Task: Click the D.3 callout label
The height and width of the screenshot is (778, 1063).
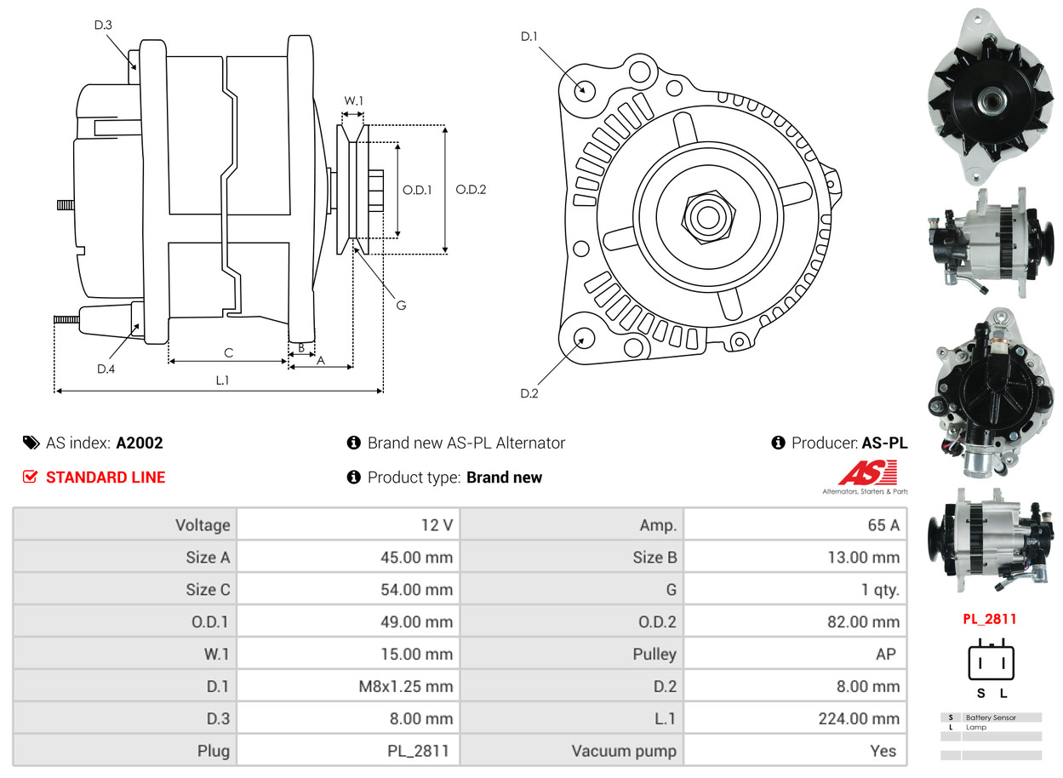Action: [x=103, y=25]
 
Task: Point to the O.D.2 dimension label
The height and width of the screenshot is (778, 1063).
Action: [x=471, y=190]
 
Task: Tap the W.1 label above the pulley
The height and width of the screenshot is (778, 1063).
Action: [x=353, y=100]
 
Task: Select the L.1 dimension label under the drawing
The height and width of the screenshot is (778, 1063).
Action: [x=221, y=380]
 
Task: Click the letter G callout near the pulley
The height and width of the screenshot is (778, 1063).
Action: [x=401, y=304]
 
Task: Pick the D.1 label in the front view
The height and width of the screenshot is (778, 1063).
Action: [x=529, y=36]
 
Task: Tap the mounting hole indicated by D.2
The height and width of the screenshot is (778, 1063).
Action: [x=584, y=339]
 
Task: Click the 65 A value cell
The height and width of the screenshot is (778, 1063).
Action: [x=883, y=525]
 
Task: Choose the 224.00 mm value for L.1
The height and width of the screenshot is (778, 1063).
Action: [x=859, y=718]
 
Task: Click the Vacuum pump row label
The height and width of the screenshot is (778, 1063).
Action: [x=624, y=751]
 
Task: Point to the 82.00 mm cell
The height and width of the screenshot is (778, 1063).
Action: [x=863, y=621]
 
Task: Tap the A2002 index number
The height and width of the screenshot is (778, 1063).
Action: [x=140, y=443]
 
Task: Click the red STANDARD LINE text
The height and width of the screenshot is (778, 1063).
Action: [x=106, y=478]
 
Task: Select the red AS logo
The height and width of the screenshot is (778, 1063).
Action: [x=867, y=472]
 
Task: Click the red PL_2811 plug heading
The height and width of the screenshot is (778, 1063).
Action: [x=990, y=619]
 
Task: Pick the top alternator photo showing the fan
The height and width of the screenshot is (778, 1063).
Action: [x=990, y=97]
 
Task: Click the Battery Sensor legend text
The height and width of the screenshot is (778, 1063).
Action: [x=991, y=718]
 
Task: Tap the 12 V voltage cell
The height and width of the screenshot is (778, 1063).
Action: [x=437, y=525]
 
